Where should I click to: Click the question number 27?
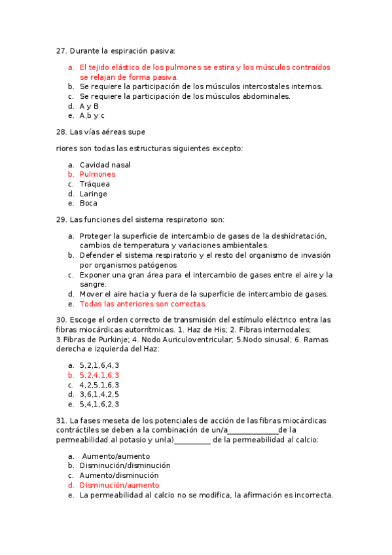coord(62,50)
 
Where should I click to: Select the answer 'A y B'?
coord(89,105)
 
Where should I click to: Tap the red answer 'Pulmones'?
coord(98,174)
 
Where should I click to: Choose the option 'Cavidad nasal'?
coord(105,165)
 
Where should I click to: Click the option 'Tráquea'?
coord(95,184)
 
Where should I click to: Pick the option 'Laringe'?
coord(94,194)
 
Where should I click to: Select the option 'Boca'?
coord(88,203)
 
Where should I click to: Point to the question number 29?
coord(62,220)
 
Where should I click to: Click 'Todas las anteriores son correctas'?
coord(143,304)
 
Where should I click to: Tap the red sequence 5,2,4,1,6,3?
coord(99,375)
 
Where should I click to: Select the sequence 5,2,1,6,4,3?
coord(99,365)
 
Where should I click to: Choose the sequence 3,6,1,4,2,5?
coord(99,394)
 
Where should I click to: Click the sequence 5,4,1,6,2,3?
coord(99,404)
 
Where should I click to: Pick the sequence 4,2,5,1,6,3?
coord(99,385)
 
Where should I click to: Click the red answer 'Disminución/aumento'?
coord(119,485)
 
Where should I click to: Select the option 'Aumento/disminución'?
coord(119,475)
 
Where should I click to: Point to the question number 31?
coord(62,420)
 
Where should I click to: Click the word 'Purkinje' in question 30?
coord(118,340)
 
